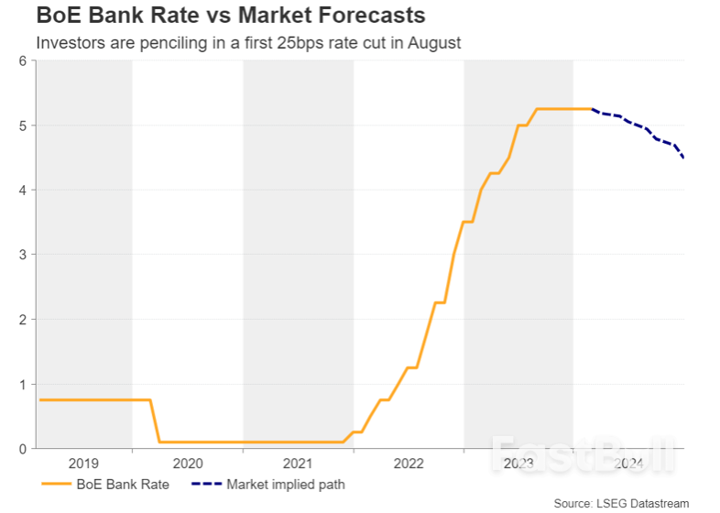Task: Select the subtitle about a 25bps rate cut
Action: click(x=247, y=42)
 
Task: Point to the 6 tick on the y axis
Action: click(x=21, y=60)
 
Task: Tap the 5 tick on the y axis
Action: click(x=21, y=126)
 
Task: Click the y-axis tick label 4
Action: click(x=21, y=190)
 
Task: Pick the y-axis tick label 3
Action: click(x=21, y=255)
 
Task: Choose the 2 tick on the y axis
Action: click(x=21, y=320)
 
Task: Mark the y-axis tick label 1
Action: click(x=21, y=385)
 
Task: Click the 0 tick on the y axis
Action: click(x=21, y=449)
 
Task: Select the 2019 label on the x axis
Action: click(x=82, y=464)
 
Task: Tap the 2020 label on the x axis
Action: click(x=187, y=464)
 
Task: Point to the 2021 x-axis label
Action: click(x=298, y=464)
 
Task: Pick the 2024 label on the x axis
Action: click(x=628, y=464)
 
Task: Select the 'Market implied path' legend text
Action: click(x=285, y=484)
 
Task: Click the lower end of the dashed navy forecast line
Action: click(x=683, y=158)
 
